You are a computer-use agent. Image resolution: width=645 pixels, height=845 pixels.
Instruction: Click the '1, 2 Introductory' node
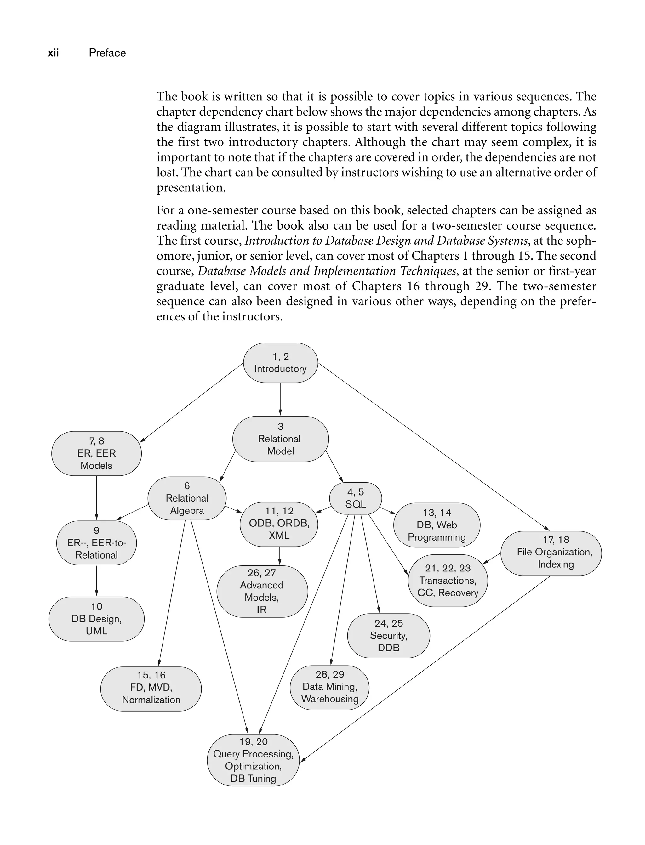(x=280, y=363)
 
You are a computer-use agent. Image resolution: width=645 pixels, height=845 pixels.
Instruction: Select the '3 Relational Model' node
(x=280, y=439)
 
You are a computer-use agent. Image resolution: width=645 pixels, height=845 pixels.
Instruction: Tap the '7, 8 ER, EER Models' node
(x=96, y=453)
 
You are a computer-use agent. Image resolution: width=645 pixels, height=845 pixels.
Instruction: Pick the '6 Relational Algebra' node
(x=187, y=498)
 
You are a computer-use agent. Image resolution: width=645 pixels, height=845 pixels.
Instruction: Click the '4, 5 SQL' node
(x=356, y=498)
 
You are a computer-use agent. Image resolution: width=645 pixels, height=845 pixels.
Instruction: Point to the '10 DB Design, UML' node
(x=96, y=619)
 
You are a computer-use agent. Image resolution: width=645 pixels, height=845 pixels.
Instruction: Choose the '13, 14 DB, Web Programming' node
(x=437, y=525)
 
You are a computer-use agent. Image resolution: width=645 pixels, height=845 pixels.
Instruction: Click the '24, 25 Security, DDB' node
(x=389, y=635)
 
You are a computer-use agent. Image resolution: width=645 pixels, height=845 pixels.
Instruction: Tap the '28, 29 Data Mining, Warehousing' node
(x=329, y=687)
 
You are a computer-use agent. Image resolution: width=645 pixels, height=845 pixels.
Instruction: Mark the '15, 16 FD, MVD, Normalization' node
(x=151, y=687)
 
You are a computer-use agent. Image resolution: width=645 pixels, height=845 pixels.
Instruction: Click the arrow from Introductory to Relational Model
(x=280, y=399)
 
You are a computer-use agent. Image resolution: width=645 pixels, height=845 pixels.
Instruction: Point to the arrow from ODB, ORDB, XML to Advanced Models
(x=279, y=556)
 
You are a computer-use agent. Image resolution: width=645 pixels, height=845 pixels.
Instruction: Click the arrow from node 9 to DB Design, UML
(x=96, y=580)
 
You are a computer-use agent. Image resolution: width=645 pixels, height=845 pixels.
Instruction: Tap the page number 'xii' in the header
(x=53, y=53)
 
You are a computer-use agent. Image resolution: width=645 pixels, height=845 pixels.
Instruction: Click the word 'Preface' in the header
(x=107, y=53)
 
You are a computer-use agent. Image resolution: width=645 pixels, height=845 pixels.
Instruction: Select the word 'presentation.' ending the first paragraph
(x=191, y=188)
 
